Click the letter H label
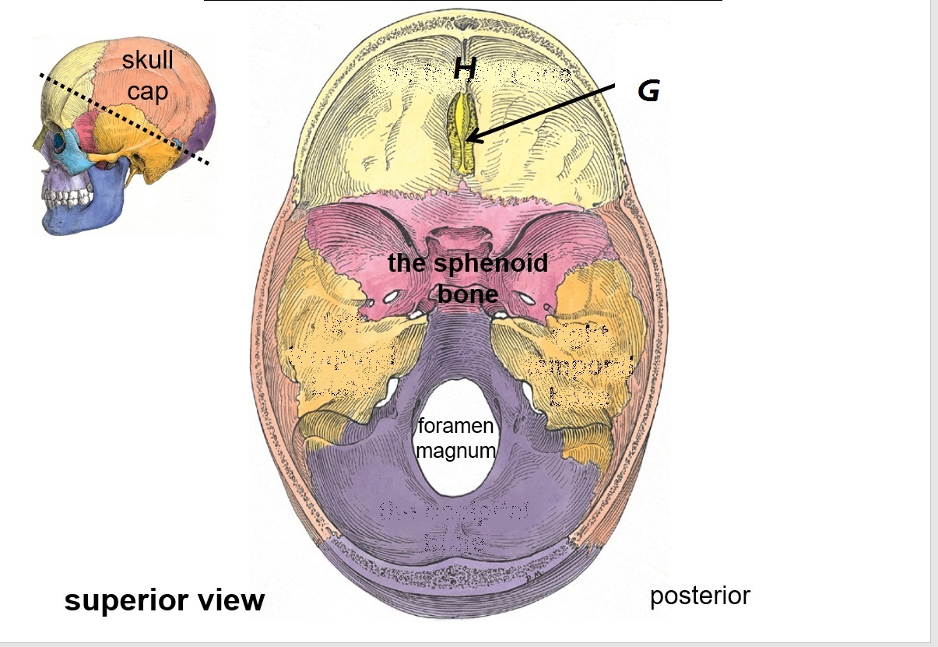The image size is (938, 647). pyautogui.click(x=465, y=69)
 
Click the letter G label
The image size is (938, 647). pyautogui.click(x=648, y=91)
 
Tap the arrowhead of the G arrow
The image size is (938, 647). pyautogui.click(x=471, y=140)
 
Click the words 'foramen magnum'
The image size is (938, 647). pyautogui.click(x=455, y=438)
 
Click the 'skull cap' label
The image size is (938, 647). pyautogui.click(x=148, y=76)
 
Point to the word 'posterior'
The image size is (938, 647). pyautogui.click(x=700, y=596)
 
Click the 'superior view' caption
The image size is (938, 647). pyautogui.click(x=164, y=600)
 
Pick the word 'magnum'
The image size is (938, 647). pyautogui.click(x=455, y=450)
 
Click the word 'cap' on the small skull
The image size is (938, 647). pyautogui.click(x=148, y=92)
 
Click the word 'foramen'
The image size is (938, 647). pyautogui.click(x=455, y=427)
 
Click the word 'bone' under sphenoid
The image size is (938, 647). pyautogui.click(x=467, y=294)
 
